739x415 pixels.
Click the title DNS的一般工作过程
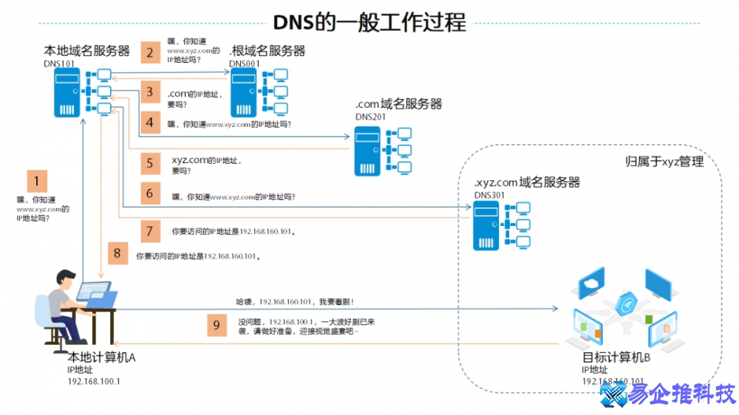369,22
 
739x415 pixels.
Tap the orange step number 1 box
37,181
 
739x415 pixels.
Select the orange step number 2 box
150,52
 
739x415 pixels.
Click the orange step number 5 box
150,162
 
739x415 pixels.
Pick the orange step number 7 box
150,231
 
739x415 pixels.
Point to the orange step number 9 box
216,325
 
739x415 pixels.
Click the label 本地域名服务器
87,51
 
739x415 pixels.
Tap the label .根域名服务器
267,51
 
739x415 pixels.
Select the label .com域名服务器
398,104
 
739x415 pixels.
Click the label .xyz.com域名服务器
527,182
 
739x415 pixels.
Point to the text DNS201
369,117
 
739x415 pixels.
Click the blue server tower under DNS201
367,151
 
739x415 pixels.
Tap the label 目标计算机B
616,358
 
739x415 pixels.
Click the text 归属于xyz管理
664,161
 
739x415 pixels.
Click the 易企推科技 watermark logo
669,395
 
